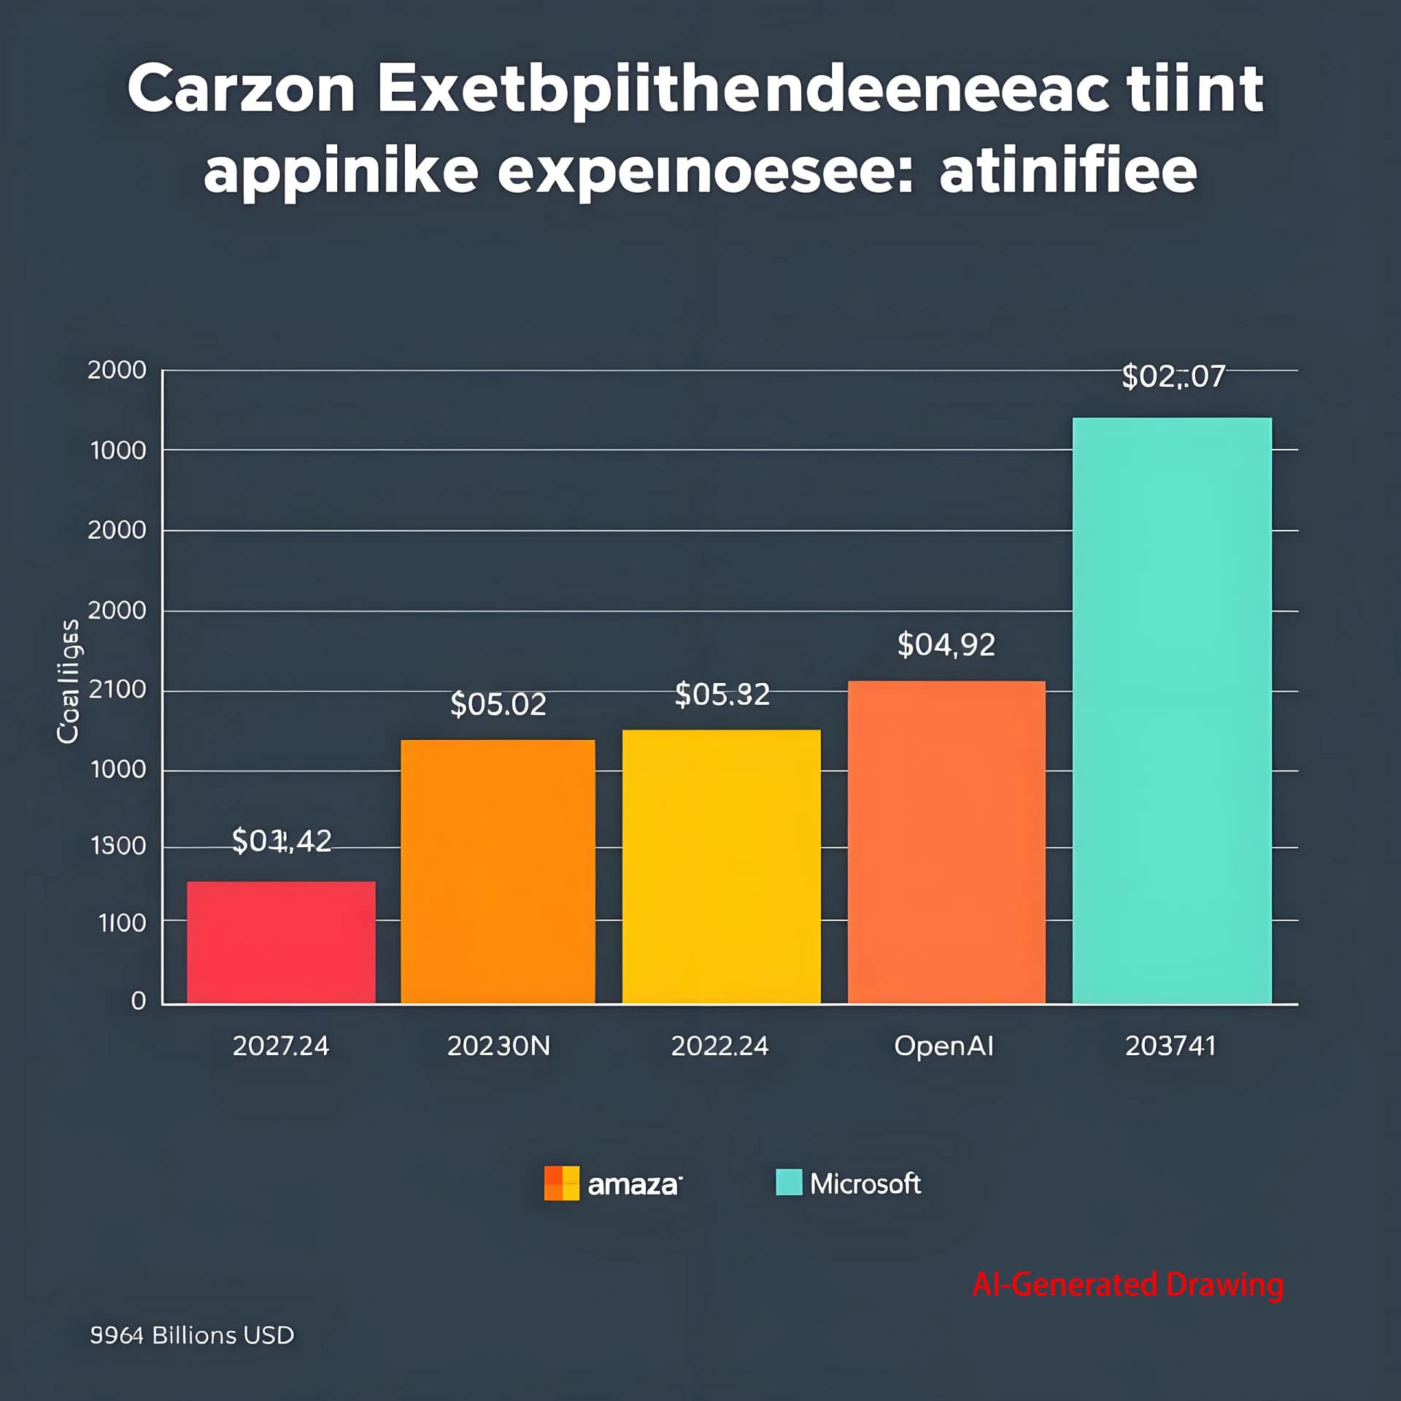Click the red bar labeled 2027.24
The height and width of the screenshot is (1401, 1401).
click(x=281, y=942)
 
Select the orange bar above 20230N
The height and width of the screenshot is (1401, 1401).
click(x=498, y=871)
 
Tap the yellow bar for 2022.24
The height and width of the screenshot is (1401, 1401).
click(x=721, y=866)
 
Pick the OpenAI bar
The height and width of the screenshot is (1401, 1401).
click(x=946, y=842)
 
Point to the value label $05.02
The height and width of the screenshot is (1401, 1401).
click(x=498, y=704)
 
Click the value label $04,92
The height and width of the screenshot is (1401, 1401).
click(x=946, y=645)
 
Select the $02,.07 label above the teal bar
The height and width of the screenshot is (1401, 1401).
click(x=1173, y=377)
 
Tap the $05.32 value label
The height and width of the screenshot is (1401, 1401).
click(x=722, y=694)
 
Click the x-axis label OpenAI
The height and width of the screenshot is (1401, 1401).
click(x=943, y=1046)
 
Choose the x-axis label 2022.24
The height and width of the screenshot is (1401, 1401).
click(x=719, y=1046)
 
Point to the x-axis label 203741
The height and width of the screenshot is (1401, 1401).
click(x=1170, y=1046)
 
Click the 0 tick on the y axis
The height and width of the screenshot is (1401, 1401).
click(x=139, y=1000)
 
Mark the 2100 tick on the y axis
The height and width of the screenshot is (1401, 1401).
click(x=117, y=689)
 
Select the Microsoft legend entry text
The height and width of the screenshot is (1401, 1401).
click(x=865, y=1184)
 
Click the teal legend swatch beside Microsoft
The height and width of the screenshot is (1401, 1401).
click(x=789, y=1183)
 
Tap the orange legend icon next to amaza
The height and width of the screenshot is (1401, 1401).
click(x=561, y=1184)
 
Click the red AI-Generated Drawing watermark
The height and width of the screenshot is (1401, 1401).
click(x=1127, y=1284)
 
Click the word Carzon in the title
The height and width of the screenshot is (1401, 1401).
click(x=241, y=89)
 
